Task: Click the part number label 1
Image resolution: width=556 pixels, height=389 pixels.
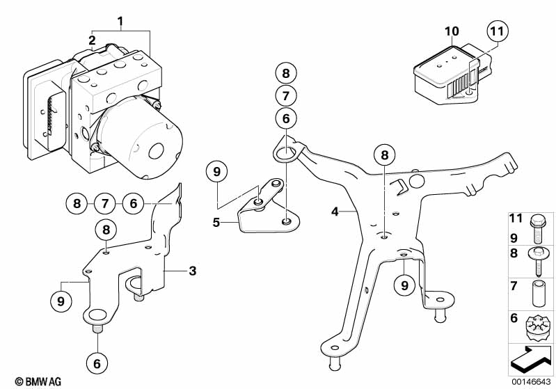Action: (x=120, y=22)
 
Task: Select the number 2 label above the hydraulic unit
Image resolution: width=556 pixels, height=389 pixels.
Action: (x=92, y=40)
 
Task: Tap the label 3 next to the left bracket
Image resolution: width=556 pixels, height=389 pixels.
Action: (x=192, y=271)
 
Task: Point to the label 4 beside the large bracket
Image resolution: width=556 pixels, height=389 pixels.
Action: (x=335, y=212)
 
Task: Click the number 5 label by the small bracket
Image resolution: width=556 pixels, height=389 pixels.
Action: (x=216, y=223)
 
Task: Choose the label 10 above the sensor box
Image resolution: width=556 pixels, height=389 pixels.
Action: (x=452, y=31)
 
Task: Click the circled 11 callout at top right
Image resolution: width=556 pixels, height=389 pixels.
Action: (x=497, y=31)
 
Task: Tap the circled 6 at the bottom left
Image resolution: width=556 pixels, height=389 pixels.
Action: (x=97, y=363)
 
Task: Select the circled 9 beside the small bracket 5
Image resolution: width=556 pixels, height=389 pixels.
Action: (x=216, y=172)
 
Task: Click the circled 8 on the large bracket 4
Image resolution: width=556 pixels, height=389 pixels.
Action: (x=385, y=155)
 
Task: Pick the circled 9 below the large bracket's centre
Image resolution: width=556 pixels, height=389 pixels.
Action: (x=404, y=285)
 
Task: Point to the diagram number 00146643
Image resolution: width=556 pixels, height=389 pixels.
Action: (x=531, y=381)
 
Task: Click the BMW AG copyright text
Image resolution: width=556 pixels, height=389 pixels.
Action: (x=38, y=381)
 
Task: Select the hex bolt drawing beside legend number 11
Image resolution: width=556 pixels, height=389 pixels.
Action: (x=535, y=229)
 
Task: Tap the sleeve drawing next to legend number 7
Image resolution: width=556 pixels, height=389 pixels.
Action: (x=538, y=294)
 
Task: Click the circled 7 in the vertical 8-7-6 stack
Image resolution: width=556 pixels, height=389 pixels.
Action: (x=286, y=96)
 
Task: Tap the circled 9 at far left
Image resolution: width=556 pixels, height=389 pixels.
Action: (x=61, y=301)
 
